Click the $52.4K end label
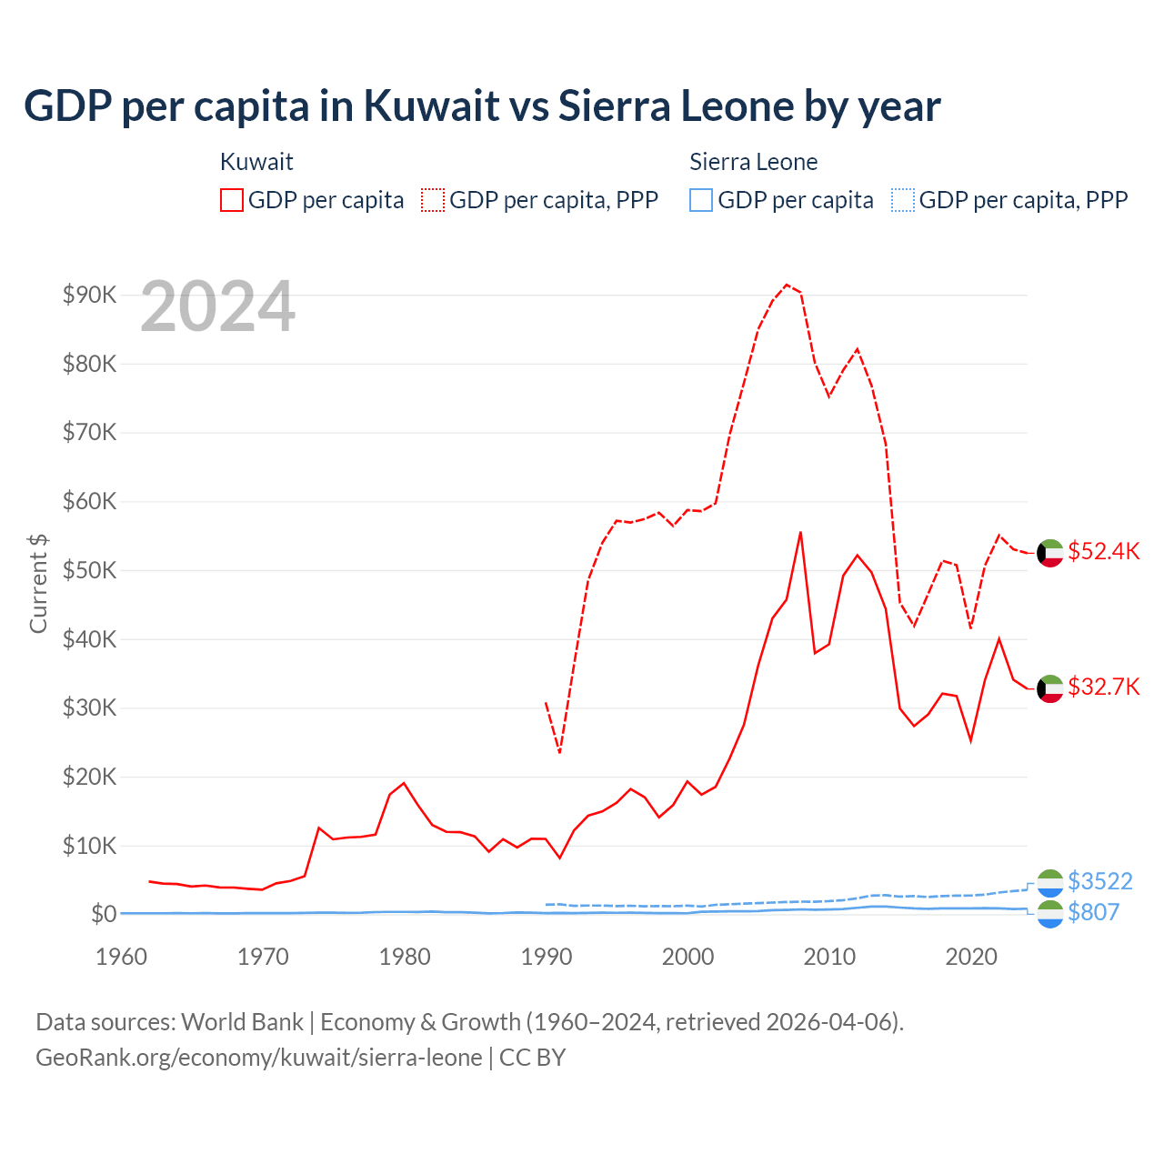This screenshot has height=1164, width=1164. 1103,552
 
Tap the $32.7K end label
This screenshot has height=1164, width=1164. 1103,687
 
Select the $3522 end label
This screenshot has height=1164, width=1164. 1099,881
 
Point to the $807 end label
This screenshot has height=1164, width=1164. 1093,912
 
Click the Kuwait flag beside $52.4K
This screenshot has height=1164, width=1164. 1050,553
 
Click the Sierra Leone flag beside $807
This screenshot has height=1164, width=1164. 1050,914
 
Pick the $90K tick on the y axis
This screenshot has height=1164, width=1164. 89,295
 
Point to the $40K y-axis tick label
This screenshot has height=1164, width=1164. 89,639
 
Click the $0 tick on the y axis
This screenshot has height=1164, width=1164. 104,914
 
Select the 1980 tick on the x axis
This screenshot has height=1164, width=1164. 405,957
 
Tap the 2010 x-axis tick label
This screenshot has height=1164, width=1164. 829,957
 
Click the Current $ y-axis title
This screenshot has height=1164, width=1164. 38,583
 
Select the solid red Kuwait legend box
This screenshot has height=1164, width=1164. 232,200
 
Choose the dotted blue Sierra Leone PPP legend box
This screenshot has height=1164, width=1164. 903,200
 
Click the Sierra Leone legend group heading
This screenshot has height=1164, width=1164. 753,162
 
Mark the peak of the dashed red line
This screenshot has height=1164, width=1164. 787,285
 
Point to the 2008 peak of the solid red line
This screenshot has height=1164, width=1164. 800,532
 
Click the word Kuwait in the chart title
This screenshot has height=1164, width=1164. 431,105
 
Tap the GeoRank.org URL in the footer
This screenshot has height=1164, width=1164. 258,1058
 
